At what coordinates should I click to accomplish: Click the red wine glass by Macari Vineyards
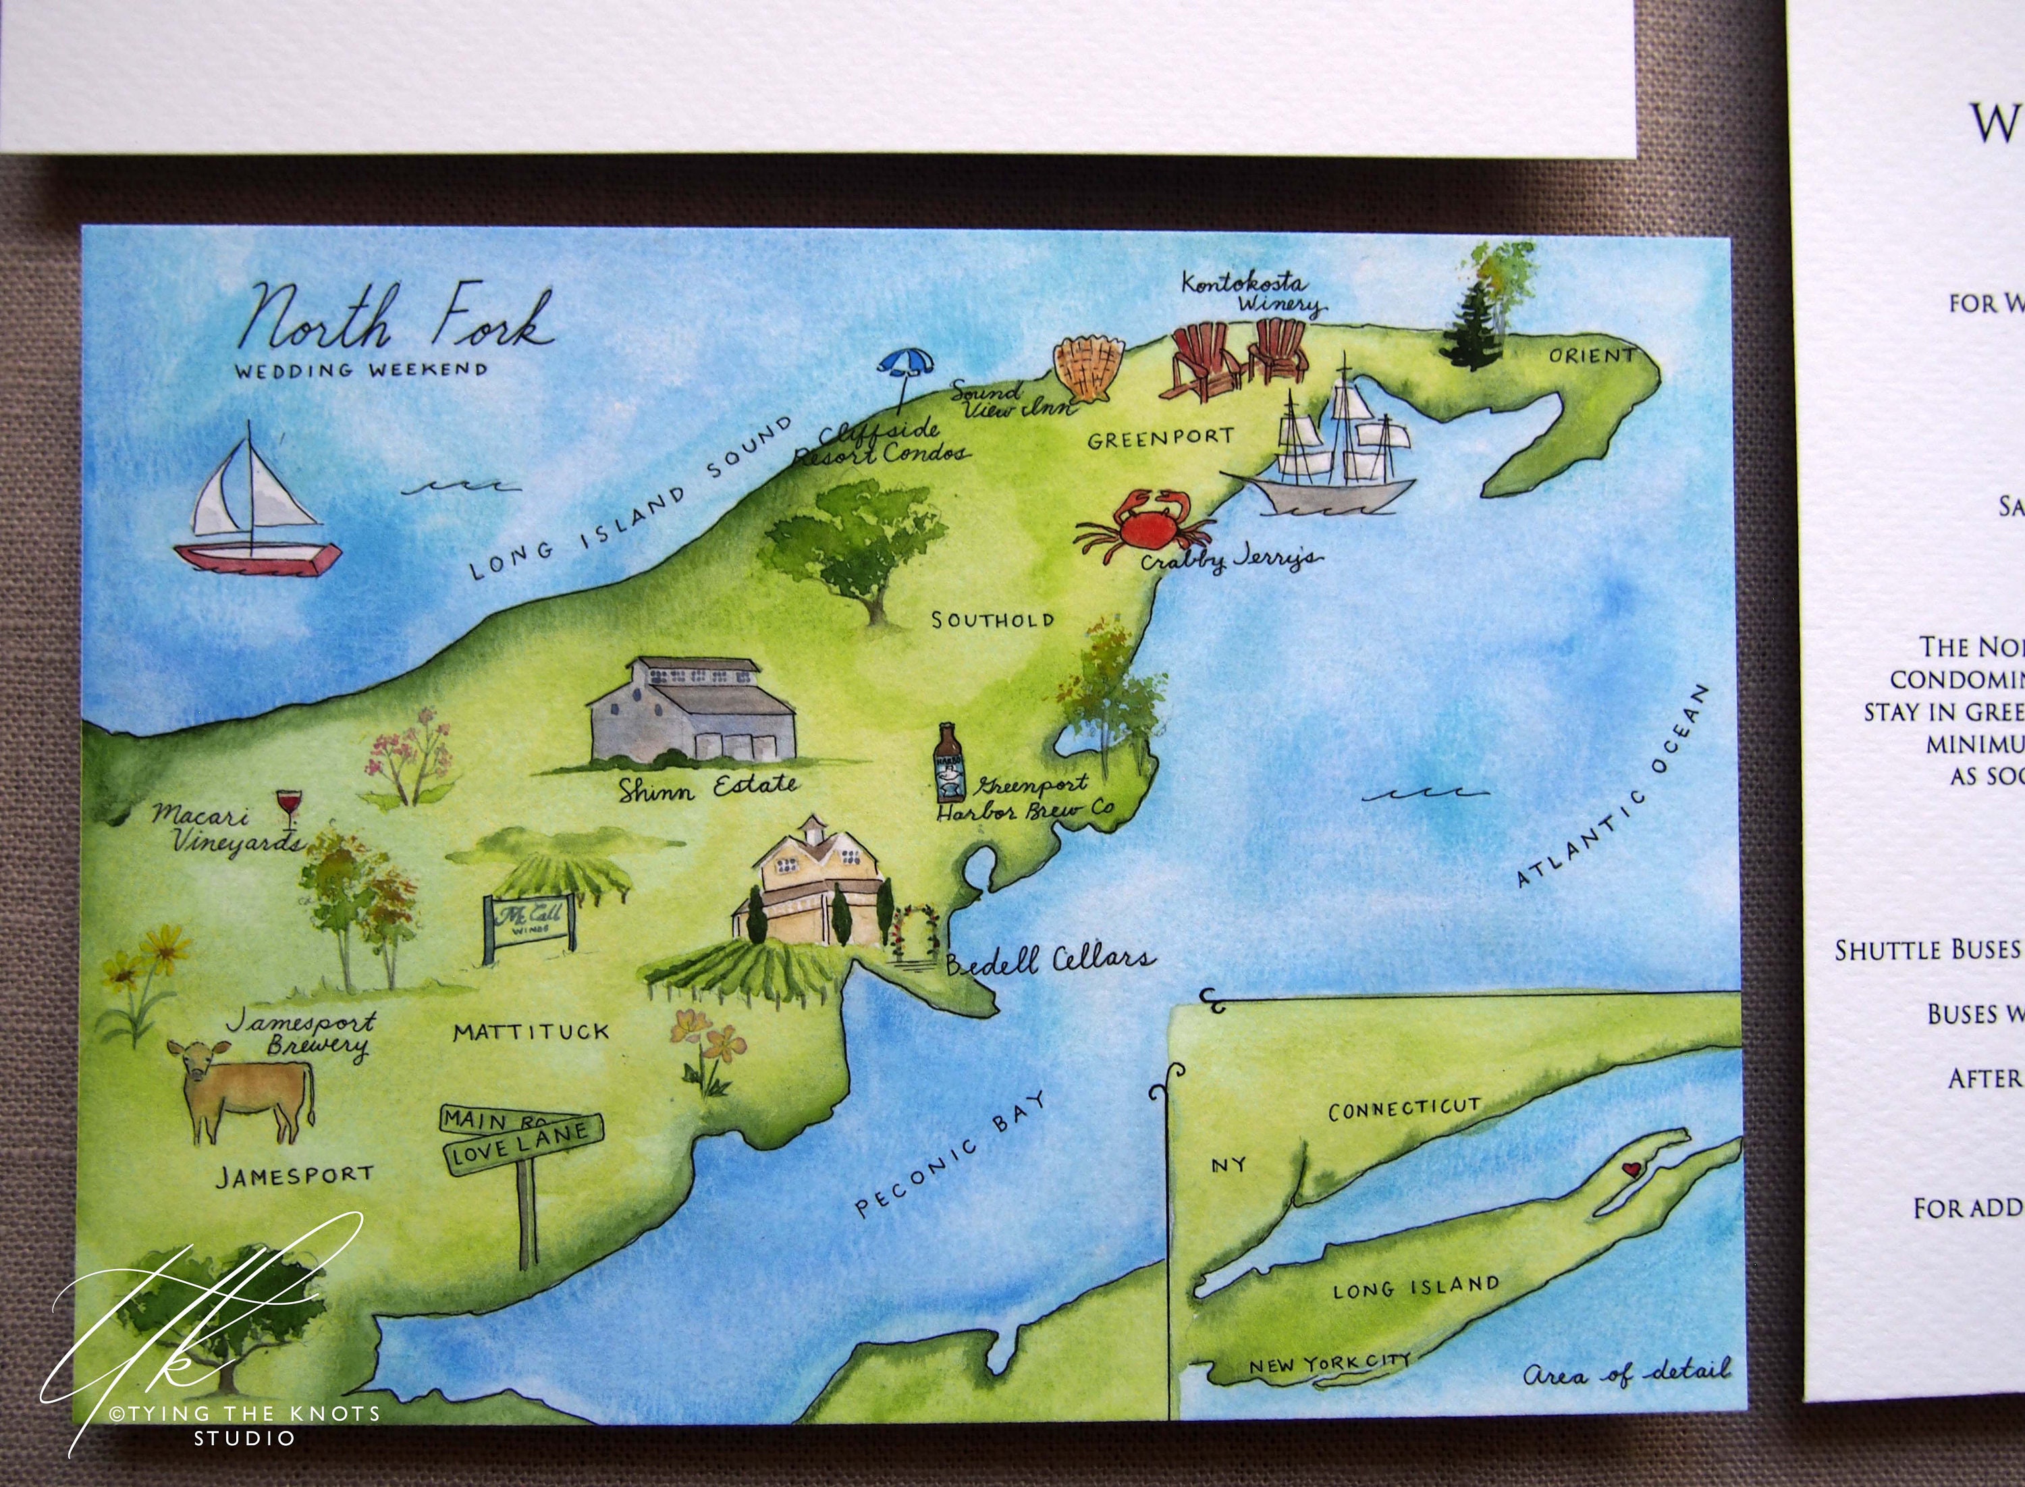(x=289, y=807)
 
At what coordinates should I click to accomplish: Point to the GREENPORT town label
(x=1160, y=438)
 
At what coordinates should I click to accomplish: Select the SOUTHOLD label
(x=992, y=619)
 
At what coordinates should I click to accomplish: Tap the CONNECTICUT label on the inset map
(x=1403, y=1109)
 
